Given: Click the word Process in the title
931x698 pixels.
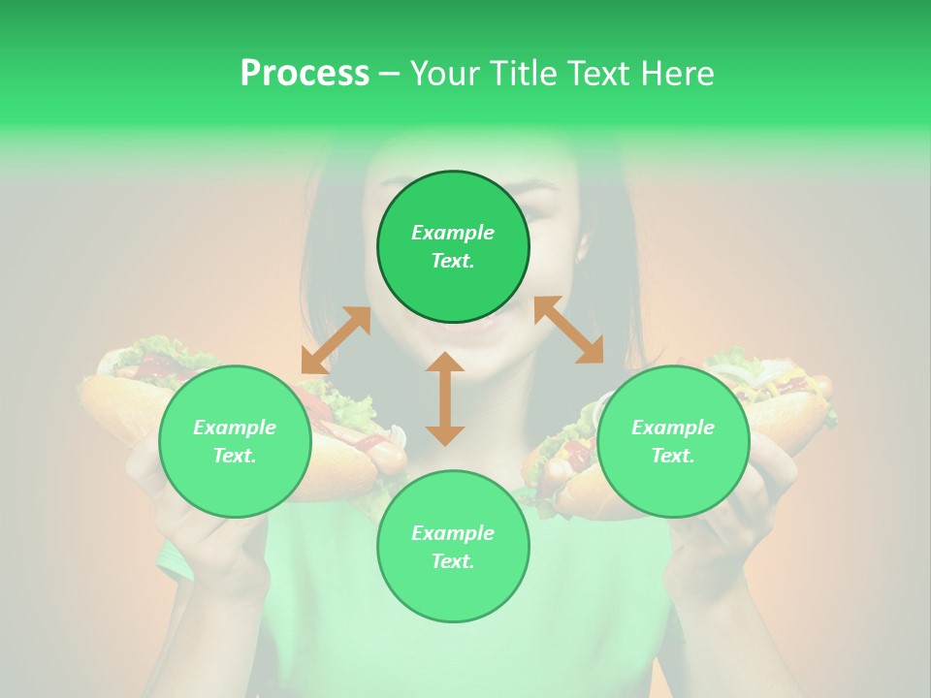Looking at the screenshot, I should tap(305, 74).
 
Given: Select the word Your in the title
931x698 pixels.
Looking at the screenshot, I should tap(442, 74).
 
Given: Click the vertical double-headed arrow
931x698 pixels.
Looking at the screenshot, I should tap(445, 398).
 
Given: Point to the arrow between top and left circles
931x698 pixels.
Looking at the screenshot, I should tap(336, 340).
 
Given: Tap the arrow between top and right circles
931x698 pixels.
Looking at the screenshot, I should tap(568, 330).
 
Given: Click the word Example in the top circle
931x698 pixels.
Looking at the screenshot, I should tap(453, 233).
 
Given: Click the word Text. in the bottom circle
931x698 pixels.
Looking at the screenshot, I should tap(453, 561).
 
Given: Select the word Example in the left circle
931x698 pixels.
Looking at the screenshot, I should tap(235, 428).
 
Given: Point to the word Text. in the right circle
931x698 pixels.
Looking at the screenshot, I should tap(673, 456).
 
